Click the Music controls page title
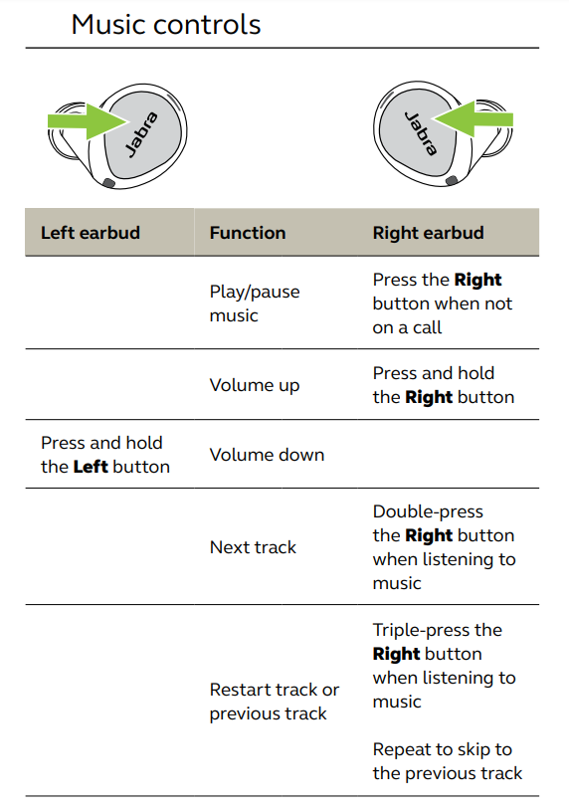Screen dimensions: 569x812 tap(166, 24)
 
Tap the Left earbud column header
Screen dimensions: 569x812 tap(91, 233)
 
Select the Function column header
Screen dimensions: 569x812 tap(248, 233)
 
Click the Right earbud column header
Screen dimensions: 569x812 tap(428, 233)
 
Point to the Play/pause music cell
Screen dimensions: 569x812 tap(255, 304)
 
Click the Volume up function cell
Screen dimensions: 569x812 tap(255, 385)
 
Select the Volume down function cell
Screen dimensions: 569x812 tap(267, 455)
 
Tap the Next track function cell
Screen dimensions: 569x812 tap(253, 547)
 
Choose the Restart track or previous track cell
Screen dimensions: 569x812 tap(274, 702)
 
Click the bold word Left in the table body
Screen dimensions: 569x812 tap(91, 467)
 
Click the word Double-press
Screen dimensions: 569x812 tap(428, 511)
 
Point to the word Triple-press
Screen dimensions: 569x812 tap(422, 630)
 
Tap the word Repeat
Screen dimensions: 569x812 tap(398, 750)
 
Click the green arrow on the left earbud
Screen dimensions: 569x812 tap(88, 121)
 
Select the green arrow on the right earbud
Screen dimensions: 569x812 tap(473, 119)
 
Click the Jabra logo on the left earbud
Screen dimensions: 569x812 tap(141, 134)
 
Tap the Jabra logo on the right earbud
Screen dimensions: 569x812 tap(421, 133)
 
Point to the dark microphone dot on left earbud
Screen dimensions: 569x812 tap(108, 183)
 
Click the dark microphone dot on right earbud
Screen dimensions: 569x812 tap(452, 180)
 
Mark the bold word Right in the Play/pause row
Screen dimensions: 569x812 tap(477, 280)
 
